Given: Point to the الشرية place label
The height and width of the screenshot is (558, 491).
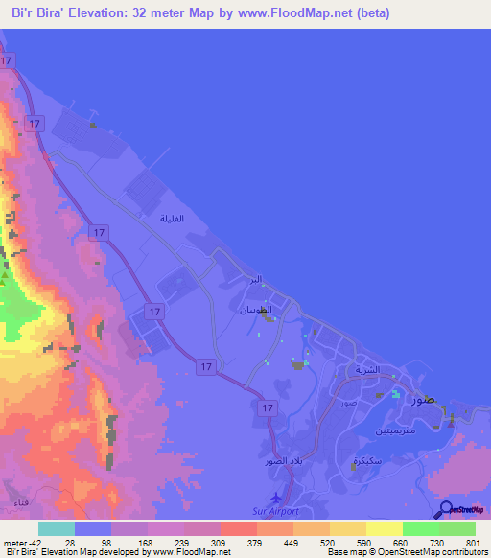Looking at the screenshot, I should [368, 369].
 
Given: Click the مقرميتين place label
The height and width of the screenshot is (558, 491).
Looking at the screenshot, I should [369, 432].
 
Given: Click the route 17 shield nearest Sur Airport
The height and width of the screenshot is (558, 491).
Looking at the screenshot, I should [269, 407].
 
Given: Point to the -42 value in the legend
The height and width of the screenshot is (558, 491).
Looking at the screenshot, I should [22, 542].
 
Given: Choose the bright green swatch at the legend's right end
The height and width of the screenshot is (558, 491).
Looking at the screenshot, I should [457, 528].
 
